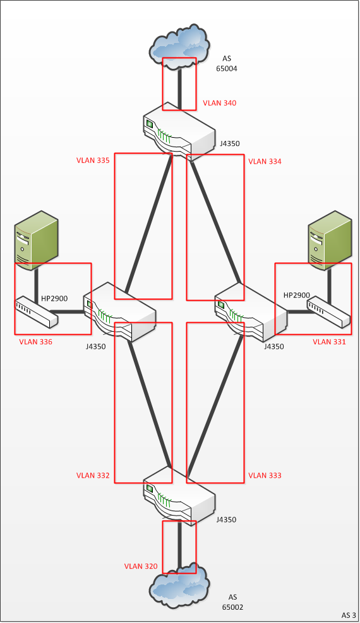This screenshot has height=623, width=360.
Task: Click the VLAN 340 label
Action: coord(219,103)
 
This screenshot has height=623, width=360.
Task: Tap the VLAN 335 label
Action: coord(93,160)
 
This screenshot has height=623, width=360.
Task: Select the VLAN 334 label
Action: coord(265,161)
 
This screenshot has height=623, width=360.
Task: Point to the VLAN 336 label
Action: coord(35,342)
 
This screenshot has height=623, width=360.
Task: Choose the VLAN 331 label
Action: coord(329,342)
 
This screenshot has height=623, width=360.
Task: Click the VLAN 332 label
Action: coord(93,475)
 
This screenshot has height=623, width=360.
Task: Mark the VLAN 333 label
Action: coord(265,475)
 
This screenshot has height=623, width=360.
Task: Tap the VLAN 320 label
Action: coord(141,566)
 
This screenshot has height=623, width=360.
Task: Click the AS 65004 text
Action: coord(227,64)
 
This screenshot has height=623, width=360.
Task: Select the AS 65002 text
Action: coord(232,602)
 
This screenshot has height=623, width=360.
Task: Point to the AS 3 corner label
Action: coord(349,615)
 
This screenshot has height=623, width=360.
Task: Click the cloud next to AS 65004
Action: coord(179,47)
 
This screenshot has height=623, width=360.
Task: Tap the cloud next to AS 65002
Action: coord(179,586)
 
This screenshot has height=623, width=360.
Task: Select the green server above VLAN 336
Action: coord(36,241)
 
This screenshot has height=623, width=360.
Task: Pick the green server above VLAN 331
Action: coord(330,241)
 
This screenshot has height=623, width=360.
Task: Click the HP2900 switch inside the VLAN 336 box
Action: coord(37,312)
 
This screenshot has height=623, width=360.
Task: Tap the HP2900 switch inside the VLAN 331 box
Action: coord(328,313)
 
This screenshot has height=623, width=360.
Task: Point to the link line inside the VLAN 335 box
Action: coord(148,224)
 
